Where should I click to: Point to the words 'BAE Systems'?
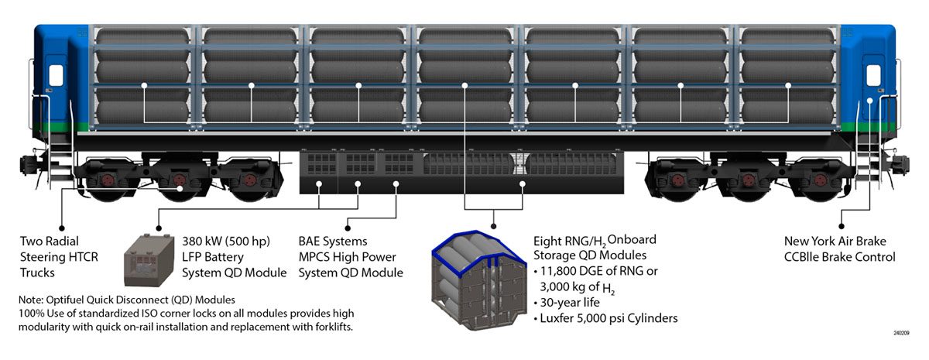(x=333, y=242)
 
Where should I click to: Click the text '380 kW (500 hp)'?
(x=225, y=242)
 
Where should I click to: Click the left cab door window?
(x=56, y=75)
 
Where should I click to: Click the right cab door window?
(x=873, y=76)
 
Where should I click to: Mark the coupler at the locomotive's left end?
(x=28, y=164)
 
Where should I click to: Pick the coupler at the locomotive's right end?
(x=901, y=164)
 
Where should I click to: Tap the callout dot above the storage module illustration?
(x=493, y=225)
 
